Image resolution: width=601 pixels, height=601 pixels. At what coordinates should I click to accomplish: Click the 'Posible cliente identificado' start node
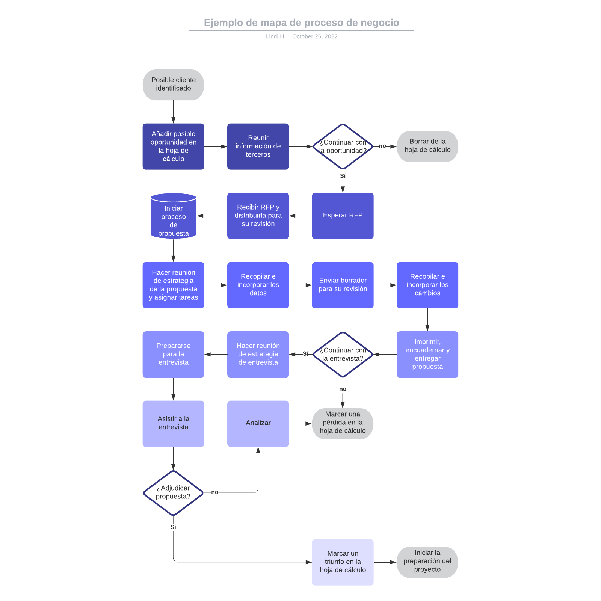(173, 85)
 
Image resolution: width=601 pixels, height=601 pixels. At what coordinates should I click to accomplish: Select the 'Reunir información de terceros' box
(258, 146)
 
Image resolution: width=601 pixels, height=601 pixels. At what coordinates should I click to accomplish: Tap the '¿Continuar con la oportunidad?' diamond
(343, 146)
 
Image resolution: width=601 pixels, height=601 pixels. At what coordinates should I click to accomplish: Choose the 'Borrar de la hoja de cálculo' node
(427, 146)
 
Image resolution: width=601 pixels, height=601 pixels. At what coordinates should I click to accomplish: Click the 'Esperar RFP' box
(343, 216)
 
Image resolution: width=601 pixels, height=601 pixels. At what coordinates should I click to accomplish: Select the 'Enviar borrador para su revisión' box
(343, 285)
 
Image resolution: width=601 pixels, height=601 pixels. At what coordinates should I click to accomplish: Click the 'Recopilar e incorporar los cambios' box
(427, 285)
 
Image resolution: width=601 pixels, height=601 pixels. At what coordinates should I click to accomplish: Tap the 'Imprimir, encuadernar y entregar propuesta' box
(427, 354)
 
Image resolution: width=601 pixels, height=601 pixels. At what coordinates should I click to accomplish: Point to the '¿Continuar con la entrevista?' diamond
(343, 354)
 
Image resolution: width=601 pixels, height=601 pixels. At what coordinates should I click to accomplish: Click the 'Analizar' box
(258, 423)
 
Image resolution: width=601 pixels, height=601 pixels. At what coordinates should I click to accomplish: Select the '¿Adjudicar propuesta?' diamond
(173, 492)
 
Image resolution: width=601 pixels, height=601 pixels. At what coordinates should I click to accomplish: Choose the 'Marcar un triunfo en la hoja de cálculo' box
(343, 562)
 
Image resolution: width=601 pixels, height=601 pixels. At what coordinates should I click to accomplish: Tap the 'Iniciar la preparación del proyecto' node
(427, 562)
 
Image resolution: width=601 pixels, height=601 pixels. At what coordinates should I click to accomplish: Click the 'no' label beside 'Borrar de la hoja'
(382, 146)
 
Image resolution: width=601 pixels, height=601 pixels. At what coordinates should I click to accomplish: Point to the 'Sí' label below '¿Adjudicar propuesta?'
(173, 527)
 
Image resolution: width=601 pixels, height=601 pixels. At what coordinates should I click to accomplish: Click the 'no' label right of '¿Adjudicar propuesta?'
(214, 492)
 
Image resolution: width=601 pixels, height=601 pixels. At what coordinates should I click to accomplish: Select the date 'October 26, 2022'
(315, 36)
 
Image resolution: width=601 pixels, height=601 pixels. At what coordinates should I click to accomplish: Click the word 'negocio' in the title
(380, 23)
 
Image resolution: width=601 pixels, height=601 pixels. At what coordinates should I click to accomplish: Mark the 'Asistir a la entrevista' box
(173, 423)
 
